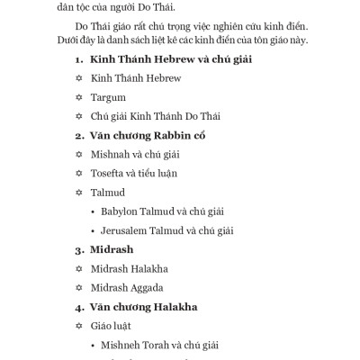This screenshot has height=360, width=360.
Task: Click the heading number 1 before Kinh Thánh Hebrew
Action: [78, 59]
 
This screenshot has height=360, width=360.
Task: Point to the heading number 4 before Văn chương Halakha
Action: [78, 306]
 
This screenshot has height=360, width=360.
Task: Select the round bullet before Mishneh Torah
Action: [94, 344]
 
